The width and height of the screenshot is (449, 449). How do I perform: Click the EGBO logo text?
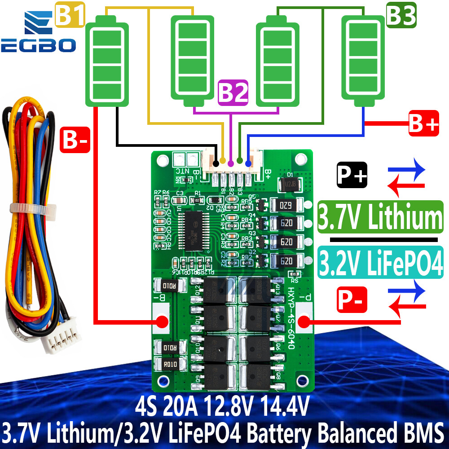pyautogui.click(x=38, y=45)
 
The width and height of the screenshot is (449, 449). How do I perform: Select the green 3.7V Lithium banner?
pyautogui.click(x=380, y=217)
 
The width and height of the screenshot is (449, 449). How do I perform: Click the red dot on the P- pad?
pyautogui.click(x=304, y=321)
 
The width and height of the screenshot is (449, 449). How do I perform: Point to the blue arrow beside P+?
pyautogui.click(x=406, y=170)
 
